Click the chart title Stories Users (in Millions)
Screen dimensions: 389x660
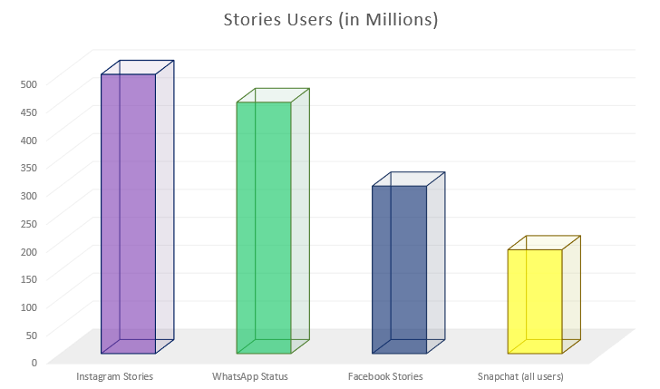tap(330, 20)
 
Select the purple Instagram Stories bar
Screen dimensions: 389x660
tap(128, 213)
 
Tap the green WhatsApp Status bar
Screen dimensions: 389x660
tap(264, 227)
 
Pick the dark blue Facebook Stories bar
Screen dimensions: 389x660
tap(399, 269)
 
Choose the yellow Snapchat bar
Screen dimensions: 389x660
tap(534, 301)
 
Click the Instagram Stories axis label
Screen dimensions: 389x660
tap(114, 376)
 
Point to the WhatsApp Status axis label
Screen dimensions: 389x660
tap(249, 376)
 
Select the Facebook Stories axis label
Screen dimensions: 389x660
tap(385, 376)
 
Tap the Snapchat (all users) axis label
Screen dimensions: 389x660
tap(520, 376)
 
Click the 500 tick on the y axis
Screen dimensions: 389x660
tap(29, 84)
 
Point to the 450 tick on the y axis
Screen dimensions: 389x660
tap(29, 112)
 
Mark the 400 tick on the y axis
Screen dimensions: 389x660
tap(29, 140)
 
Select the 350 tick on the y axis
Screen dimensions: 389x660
tap(29, 168)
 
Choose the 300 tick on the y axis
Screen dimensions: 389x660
tap(29, 195)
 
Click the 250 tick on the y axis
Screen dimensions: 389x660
tap(29, 223)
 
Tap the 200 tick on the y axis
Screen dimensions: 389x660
tap(29, 251)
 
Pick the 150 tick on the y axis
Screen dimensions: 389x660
tap(29, 278)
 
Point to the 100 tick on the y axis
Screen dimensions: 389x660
tap(29, 306)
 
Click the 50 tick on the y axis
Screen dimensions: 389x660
tap(32, 335)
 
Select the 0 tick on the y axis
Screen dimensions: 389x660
tap(34, 362)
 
